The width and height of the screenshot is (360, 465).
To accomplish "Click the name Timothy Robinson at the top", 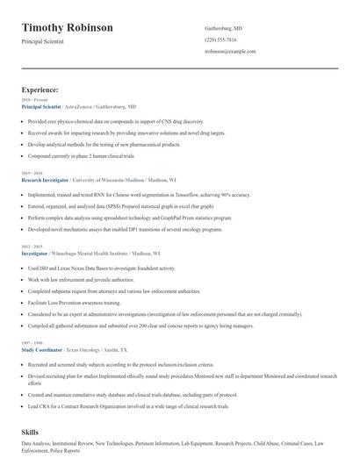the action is pyautogui.click(x=68, y=27).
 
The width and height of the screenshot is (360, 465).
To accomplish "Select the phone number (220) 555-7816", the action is pyautogui.click(x=221, y=40).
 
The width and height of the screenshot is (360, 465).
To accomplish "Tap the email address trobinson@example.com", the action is pyautogui.click(x=230, y=52).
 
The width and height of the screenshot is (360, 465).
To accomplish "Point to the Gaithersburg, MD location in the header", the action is pyautogui.click(x=224, y=28).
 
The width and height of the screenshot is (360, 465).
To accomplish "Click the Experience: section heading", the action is pyautogui.click(x=40, y=89).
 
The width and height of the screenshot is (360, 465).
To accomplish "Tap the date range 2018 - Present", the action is pyautogui.click(x=36, y=100).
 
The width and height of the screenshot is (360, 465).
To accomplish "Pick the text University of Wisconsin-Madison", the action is pyautogui.click(x=115, y=178).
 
